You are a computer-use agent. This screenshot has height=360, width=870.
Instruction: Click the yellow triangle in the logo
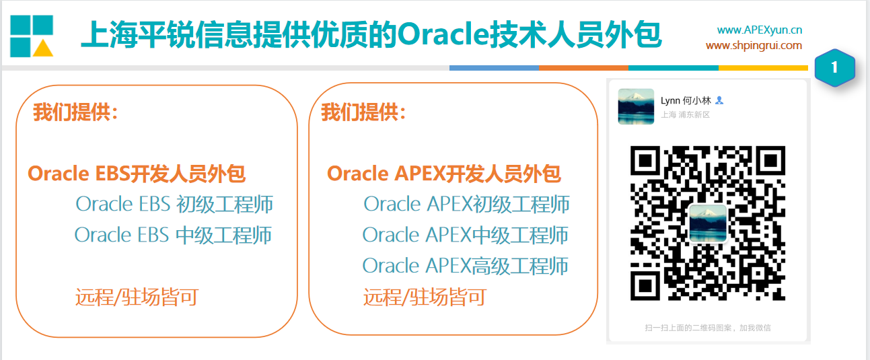(42, 49)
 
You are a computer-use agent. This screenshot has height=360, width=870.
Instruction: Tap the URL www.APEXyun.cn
(759, 30)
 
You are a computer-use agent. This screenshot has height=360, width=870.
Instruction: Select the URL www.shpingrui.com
(754, 46)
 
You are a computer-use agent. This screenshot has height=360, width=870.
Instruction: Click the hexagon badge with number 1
(834, 67)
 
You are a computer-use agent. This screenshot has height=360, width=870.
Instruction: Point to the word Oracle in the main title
(443, 34)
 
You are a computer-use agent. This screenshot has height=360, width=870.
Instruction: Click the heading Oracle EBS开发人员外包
(137, 174)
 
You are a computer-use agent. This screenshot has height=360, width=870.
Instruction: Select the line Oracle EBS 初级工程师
(174, 205)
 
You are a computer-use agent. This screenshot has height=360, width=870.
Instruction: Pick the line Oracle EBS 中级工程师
(173, 236)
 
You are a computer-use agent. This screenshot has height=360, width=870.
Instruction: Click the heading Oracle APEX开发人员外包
(444, 174)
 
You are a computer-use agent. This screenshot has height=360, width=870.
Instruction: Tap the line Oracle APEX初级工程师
(466, 205)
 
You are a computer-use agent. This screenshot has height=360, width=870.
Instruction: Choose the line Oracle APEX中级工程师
(466, 236)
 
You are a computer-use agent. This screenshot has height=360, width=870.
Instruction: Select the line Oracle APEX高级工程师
(466, 266)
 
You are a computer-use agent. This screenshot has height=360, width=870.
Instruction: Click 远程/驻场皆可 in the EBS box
(137, 297)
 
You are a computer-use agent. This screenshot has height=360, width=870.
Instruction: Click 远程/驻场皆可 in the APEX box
(425, 297)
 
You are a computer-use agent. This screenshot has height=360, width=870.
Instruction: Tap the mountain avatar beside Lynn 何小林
(636, 106)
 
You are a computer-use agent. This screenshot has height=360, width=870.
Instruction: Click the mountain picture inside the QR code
(708, 223)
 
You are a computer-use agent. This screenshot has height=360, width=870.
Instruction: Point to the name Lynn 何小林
(686, 100)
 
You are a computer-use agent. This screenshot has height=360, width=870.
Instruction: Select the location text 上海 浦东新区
(685, 114)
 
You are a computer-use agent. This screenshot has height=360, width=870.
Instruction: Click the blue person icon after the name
(719, 100)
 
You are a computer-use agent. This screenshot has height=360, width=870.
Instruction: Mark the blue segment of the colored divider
(494, 68)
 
